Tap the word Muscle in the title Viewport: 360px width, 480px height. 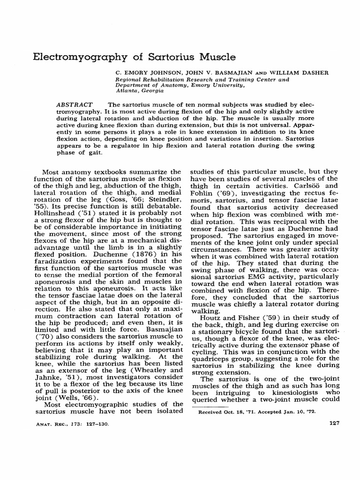(212, 57)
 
